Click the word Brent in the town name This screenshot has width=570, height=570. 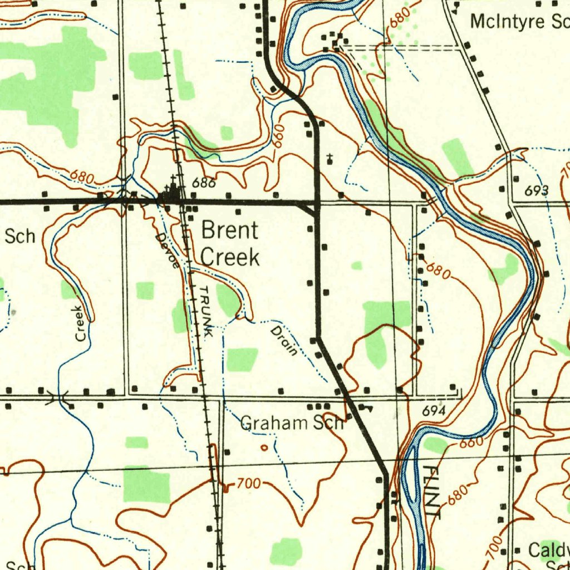[229, 230]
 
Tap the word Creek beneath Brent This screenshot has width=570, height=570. [229, 258]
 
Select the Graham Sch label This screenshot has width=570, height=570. [292, 424]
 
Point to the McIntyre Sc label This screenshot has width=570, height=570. [519, 22]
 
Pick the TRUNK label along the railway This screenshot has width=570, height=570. [205, 312]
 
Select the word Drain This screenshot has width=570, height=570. [284, 341]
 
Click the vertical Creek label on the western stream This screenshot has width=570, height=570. [81, 323]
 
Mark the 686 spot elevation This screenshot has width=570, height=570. [203, 183]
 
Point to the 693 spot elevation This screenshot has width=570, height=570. [537, 191]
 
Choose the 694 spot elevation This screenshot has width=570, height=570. [433, 411]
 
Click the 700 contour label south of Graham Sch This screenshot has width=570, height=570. [248, 484]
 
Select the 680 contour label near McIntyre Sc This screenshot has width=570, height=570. [400, 17]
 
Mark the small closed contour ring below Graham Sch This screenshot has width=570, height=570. [264, 447]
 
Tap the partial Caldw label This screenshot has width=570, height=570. [548, 551]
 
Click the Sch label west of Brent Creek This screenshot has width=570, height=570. [20, 236]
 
